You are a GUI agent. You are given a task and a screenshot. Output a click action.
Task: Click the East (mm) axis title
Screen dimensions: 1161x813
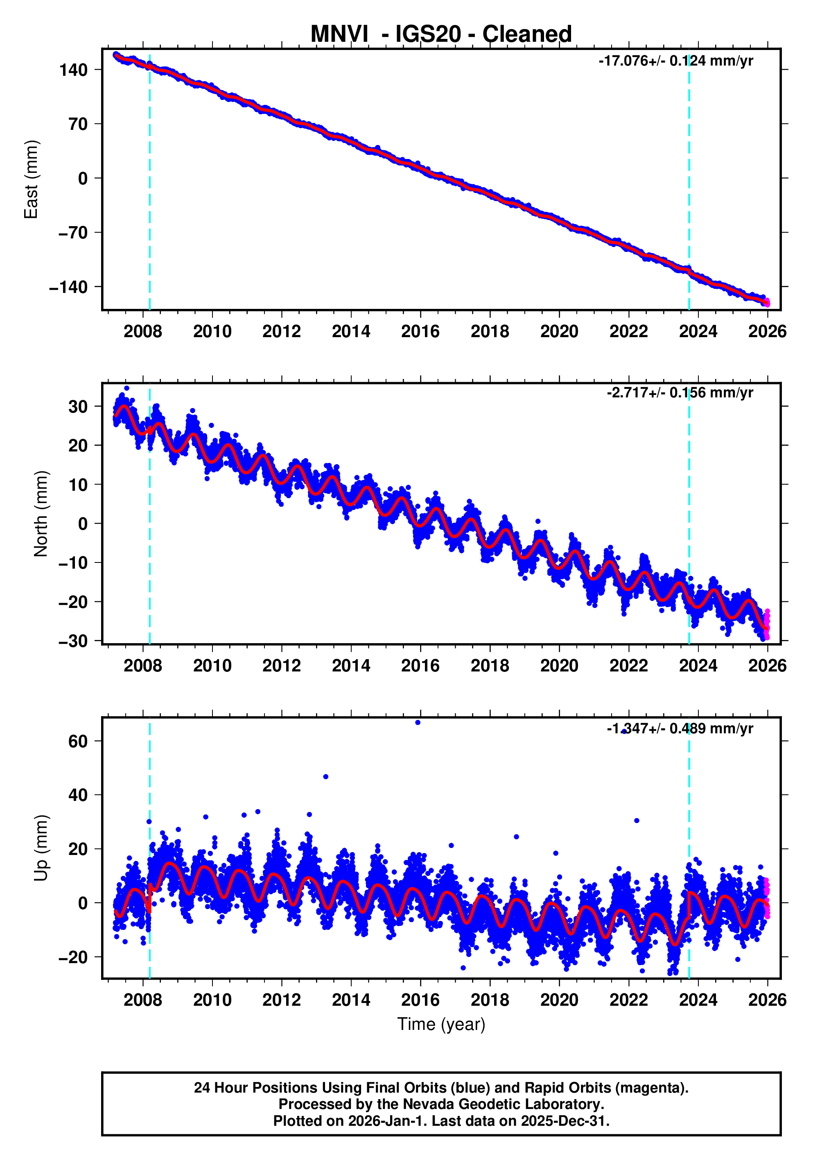pyautogui.click(x=32, y=179)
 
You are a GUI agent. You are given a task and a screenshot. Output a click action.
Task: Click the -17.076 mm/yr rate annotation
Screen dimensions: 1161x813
pyautogui.click(x=675, y=61)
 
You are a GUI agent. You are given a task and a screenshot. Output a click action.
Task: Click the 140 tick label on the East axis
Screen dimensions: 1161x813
pyautogui.click(x=74, y=70)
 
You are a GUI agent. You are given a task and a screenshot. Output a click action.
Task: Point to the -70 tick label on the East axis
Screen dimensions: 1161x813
pyautogui.click(x=73, y=233)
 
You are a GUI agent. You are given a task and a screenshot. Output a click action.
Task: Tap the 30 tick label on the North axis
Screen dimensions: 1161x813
pyautogui.click(x=78, y=406)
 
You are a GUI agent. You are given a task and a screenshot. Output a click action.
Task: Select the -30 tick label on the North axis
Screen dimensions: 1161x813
pyautogui.click(x=73, y=641)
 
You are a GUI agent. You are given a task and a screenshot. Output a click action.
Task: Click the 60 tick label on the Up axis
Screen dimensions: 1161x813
pyautogui.click(x=78, y=741)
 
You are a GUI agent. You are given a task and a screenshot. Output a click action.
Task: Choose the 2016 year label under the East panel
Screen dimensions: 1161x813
pyautogui.click(x=420, y=332)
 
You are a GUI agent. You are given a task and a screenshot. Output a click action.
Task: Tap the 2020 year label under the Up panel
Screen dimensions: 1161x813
pyautogui.click(x=559, y=1000)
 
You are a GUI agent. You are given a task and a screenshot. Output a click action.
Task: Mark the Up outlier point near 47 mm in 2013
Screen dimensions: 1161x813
pyautogui.click(x=325, y=777)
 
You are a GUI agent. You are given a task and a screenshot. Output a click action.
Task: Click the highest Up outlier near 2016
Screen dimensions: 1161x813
pyautogui.click(x=418, y=723)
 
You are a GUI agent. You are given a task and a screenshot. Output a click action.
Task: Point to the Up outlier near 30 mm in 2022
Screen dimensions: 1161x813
pyautogui.click(x=636, y=821)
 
